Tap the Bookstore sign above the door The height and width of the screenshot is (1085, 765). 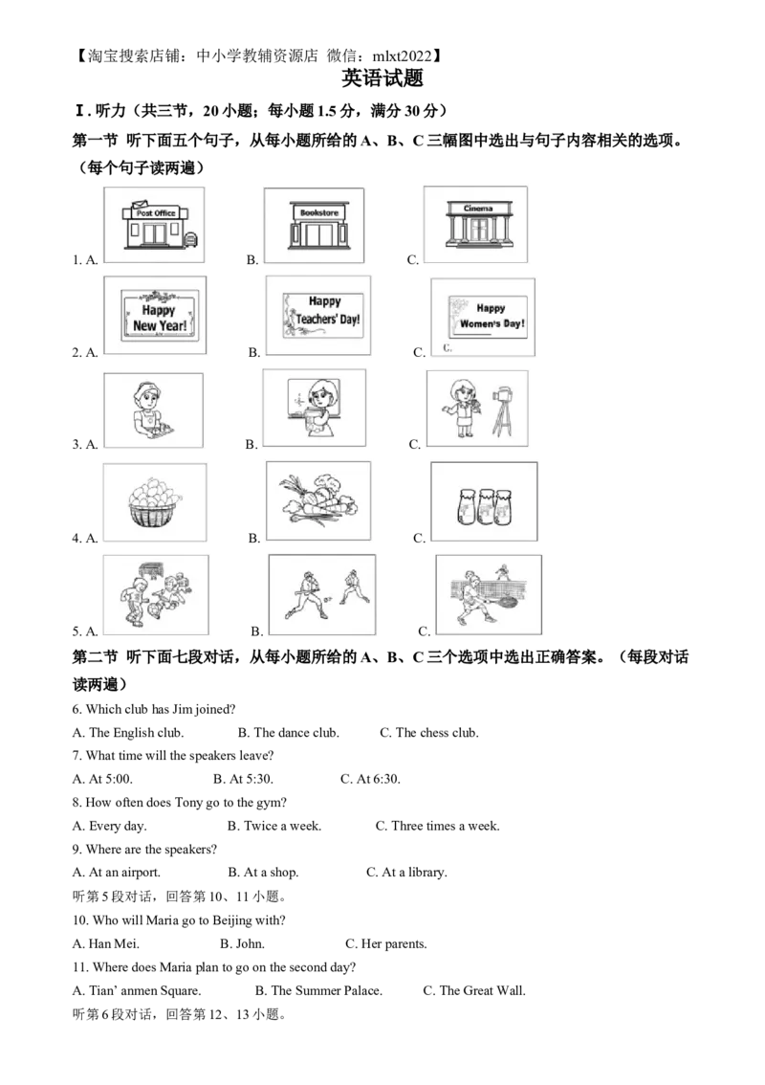coord(314,212)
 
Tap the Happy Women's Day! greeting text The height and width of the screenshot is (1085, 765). coord(492,316)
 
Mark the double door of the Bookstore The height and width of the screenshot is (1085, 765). coord(314,235)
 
